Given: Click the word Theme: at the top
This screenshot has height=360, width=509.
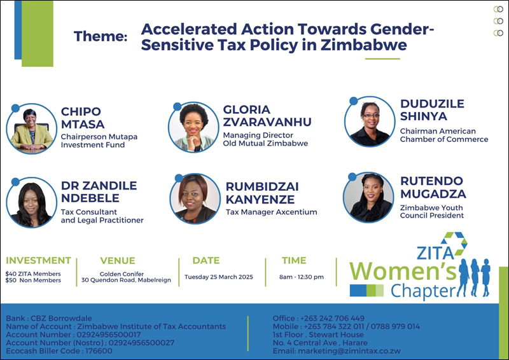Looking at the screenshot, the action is [x=101, y=36].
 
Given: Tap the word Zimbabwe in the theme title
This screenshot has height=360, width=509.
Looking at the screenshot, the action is [x=364, y=45].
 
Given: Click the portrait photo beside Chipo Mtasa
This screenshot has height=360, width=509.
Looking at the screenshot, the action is [x=31, y=129].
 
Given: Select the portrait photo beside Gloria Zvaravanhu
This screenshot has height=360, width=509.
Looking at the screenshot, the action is [x=194, y=127].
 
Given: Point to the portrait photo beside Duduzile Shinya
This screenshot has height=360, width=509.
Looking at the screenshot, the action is [x=370, y=121].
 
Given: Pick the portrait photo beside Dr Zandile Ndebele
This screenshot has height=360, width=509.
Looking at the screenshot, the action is [x=31, y=202].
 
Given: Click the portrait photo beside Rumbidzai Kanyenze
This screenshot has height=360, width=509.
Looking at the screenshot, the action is [x=195, y=198].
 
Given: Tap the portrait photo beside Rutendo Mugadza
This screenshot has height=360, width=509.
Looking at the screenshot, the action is [x=368, y=197].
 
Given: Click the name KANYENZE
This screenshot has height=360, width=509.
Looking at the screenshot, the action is [x=260, y=199].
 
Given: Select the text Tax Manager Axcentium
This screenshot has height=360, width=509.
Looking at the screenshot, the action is [x=272, y=212].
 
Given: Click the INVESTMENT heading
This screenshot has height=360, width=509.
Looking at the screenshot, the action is [x=38, y=260].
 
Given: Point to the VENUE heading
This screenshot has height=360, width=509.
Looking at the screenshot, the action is [x=118, y=260].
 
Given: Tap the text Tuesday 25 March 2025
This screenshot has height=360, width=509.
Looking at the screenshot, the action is [x=219, y=277].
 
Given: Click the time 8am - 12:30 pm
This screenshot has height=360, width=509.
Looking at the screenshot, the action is [x=302, y=277].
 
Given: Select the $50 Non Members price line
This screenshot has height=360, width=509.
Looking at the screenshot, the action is [x=33, y=280].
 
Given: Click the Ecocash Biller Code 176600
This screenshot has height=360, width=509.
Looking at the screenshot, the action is [x=59, y=351].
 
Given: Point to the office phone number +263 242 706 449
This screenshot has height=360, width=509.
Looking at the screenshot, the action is [x=332, y=318].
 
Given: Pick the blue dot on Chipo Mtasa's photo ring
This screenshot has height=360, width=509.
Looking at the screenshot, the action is [x=15, y=108].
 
